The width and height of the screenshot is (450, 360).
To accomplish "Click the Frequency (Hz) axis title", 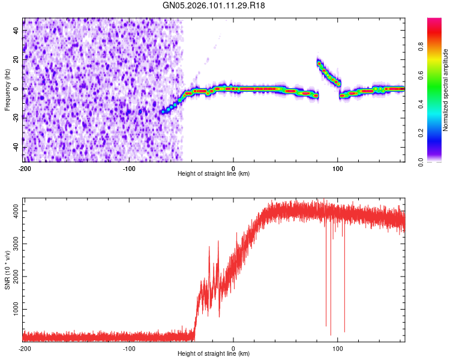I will click(8, 90).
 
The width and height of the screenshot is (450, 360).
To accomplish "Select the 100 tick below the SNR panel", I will click(338, 348).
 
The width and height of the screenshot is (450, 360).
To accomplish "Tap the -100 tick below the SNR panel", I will click(128, 348).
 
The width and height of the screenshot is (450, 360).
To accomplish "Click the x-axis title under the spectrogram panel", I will click(214, 173).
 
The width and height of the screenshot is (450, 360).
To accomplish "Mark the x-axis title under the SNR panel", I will click(214, 355).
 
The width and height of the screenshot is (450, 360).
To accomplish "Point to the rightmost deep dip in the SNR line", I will click(344, 331).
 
